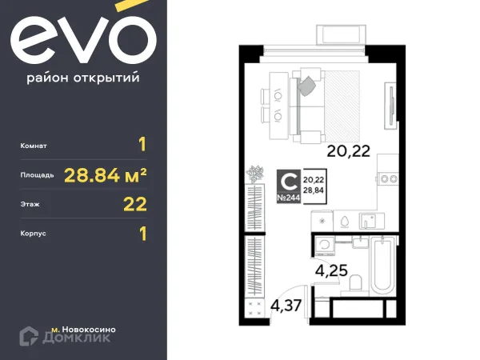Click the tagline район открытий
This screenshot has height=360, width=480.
coord(83,78)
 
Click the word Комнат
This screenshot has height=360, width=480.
coord(36,146)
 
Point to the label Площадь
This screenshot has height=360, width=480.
coord(38,174)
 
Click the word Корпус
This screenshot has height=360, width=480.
coord(35,234)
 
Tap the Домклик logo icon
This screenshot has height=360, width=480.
coord(33,334)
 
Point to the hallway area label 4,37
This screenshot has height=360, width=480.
coord(286,305)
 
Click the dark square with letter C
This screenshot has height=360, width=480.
coord(288,181)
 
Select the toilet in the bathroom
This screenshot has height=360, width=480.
coord(358,282)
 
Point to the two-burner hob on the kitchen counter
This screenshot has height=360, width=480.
coord(388,178)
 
